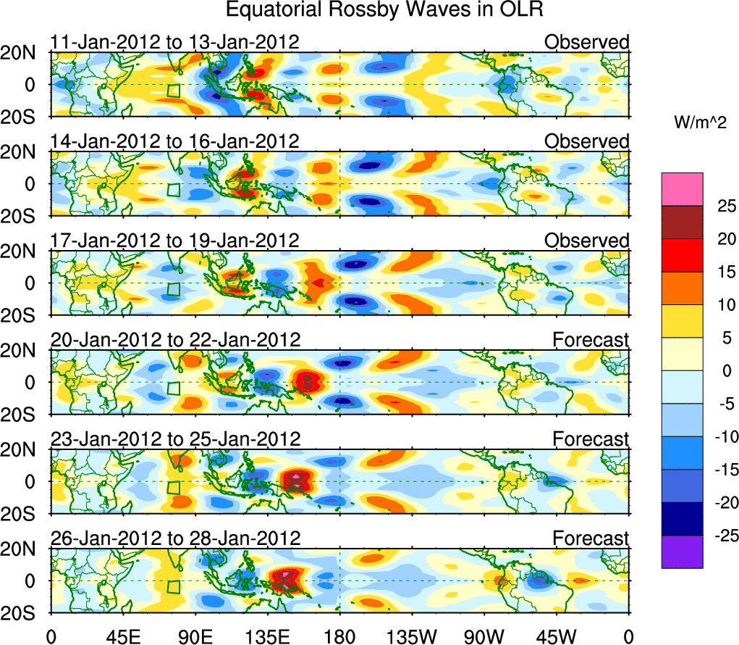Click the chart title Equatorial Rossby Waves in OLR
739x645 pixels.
tap(384, 11)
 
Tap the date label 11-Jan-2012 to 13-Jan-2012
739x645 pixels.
tap(174, 42)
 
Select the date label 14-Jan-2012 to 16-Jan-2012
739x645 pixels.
tap(174, 141)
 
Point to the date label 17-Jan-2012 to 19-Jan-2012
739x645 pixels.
tap(174, 241)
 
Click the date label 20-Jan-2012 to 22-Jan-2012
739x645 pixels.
tap(174, 340)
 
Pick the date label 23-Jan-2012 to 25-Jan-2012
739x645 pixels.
tap(174, 439)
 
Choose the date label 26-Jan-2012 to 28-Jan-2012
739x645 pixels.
tap(174, 538)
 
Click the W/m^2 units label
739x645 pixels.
tap(698, 122)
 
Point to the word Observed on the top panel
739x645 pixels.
tap(587, 42)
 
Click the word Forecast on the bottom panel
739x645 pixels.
tap(591, 538)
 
